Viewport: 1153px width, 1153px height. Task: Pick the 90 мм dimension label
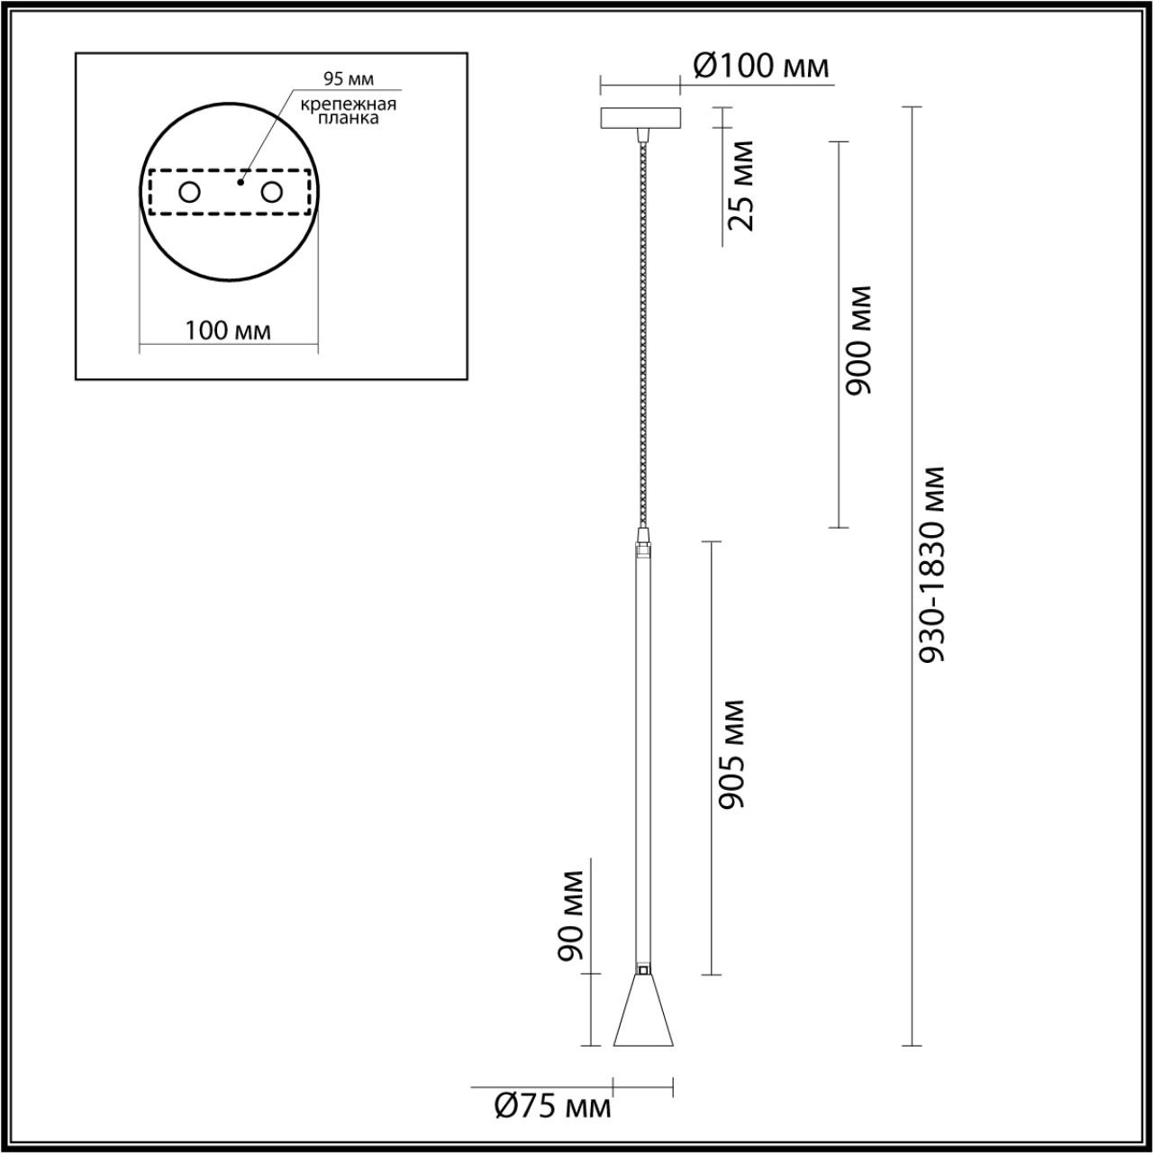(571, 915)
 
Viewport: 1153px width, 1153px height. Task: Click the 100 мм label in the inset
(228, 331)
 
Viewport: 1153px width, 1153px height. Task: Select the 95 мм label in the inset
(349, 81)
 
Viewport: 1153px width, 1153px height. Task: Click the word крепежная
(349, 104)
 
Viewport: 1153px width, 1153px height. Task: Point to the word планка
(349, 118)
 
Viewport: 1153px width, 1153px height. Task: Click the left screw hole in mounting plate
(189, 192)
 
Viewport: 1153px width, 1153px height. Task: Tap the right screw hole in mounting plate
(271, 192)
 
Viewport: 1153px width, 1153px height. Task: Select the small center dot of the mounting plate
(240, 181)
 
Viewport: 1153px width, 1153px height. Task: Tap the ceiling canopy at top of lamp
(640, 118)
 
